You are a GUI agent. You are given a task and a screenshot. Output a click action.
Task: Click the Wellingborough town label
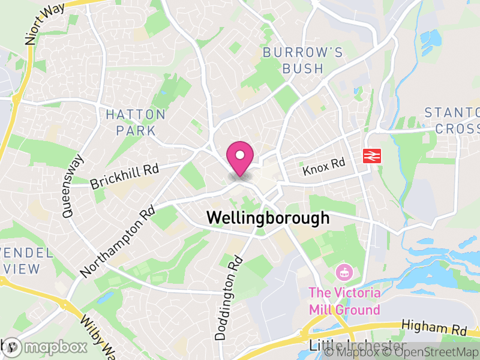268,218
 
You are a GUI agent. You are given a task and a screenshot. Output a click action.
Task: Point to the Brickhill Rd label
124,176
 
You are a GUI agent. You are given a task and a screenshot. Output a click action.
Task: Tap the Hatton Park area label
135,122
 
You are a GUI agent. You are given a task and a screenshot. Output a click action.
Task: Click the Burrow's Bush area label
303,61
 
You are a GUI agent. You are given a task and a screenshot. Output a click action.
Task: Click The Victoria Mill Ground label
344,301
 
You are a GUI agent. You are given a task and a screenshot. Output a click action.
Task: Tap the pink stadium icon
344,272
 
